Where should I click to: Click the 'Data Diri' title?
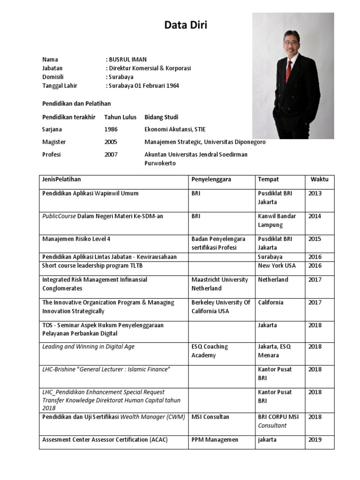point(186,25)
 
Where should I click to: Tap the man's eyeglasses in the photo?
point(291,42)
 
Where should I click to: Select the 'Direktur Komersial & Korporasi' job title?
point(150,68)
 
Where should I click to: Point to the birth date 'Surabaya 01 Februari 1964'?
point(143,86)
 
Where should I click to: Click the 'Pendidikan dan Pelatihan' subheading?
point(76,103)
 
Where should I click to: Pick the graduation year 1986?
point(111,129)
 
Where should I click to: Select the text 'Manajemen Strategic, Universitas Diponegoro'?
point(205,142)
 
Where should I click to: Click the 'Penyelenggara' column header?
point(211,180)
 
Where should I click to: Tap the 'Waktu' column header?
point(319,180)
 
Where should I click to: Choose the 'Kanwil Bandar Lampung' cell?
point(277,220)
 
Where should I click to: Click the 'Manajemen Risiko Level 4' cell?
point(76,239)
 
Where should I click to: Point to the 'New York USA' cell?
point(277,266)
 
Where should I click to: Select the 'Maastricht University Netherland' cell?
point(220,284)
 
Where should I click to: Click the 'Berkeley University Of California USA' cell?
point(221,307)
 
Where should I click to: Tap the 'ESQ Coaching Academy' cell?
point(210,351)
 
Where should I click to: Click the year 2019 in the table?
point(315,440)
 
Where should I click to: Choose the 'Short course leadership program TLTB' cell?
point(92,266)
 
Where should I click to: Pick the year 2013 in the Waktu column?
point(315,193)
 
